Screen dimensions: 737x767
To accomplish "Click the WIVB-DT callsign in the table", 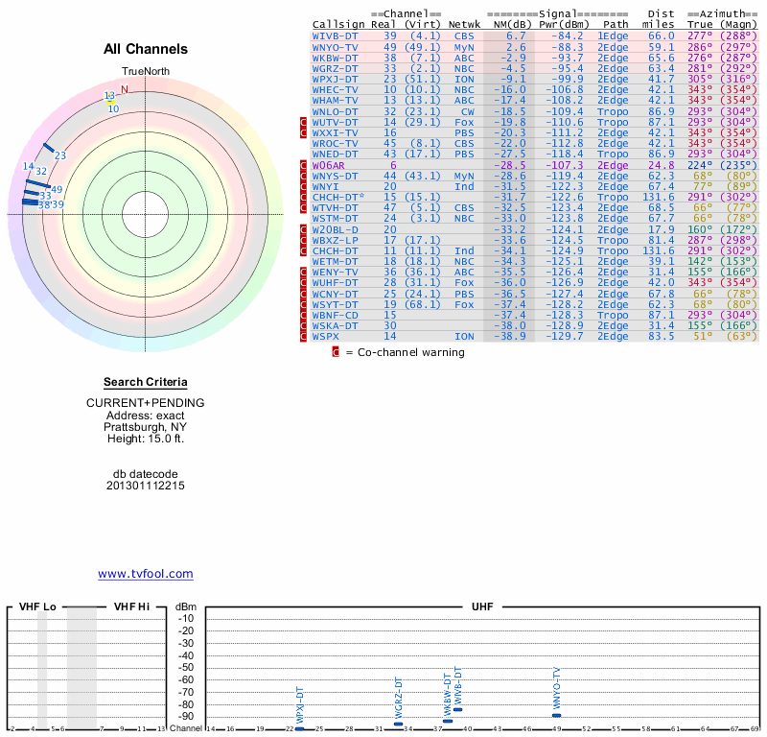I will tap(336, 36).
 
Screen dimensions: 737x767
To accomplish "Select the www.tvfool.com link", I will tap(146, 574).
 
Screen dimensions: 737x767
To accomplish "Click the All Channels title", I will tap(146, 49).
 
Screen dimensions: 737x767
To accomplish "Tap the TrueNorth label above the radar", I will tap(145, 73).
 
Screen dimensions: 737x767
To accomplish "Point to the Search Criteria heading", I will tap(146, 382).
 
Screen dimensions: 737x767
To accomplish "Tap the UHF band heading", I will tap(481, 606).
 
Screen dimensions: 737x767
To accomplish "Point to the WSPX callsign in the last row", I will tap(326, 336).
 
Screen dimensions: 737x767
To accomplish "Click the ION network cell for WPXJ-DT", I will tap(464, 78).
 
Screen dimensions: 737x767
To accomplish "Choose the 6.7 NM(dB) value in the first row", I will tap(516, 36).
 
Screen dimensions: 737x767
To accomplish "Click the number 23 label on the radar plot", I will tap(59, 155).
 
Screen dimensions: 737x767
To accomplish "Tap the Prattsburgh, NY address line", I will tap(146, 427).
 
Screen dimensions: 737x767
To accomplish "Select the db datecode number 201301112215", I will tap(146, 486).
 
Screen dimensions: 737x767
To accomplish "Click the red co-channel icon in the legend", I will tap(336, 352).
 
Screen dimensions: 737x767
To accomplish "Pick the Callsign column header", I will tap(338, 24).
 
